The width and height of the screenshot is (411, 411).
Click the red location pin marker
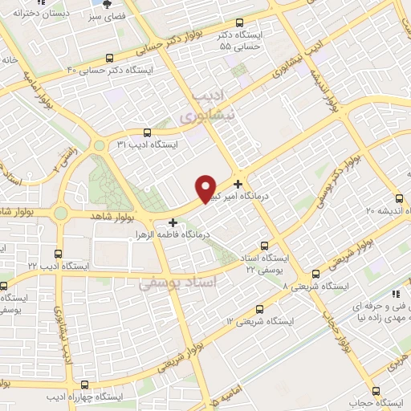(x=207, y=188)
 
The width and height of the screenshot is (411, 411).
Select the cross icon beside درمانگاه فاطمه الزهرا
(x=173, y=221)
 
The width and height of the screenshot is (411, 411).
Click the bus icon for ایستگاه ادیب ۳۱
(x=146, y=133)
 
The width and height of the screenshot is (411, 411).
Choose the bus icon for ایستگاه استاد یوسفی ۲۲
(x=264, y=246)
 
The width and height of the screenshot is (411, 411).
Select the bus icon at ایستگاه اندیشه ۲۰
(x=399, y=198)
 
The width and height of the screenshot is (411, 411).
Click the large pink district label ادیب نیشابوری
(x=207, y=107)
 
